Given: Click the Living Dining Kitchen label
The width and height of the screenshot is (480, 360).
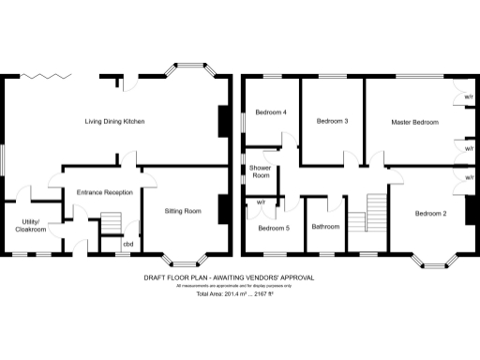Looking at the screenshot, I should pyautogui.click(x=114, y=122).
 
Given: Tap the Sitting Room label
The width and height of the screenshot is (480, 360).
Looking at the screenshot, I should pyautogui.click(x=183, y=211).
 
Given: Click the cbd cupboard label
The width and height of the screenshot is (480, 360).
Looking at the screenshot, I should pyautogui.click(x=127, y=245).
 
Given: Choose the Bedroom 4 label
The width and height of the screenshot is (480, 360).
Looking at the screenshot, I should pyautogui.click(x=270, y=112).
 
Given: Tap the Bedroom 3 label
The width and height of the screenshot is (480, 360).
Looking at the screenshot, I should pyautogui.click(x=332, y=121).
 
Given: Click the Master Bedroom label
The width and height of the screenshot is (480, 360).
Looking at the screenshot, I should pyautogui.click(x=414, y=122).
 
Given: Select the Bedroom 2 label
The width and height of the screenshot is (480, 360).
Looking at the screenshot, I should pyautogui.click(x=430, y=214).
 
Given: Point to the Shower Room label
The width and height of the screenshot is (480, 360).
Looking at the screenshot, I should pyautogui.click(x=260, y=172).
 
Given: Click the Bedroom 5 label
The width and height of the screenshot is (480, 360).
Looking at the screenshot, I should pyautogui.click(x=274, y=228).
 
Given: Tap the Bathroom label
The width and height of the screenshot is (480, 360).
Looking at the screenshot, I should pyautogui.click(x=325, y=227).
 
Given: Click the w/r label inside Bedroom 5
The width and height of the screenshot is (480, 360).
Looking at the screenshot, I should pyautogui.click(x=261, y=202).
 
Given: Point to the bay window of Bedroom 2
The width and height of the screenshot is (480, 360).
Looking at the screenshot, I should pyautogui.click(x=432, y=260).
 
